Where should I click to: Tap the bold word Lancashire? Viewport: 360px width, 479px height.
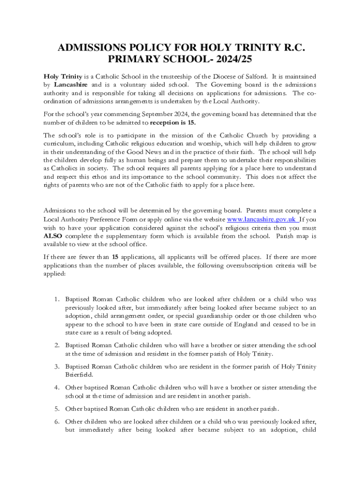point(71,85)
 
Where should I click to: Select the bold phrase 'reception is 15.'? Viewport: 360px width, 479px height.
point(173,123)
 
